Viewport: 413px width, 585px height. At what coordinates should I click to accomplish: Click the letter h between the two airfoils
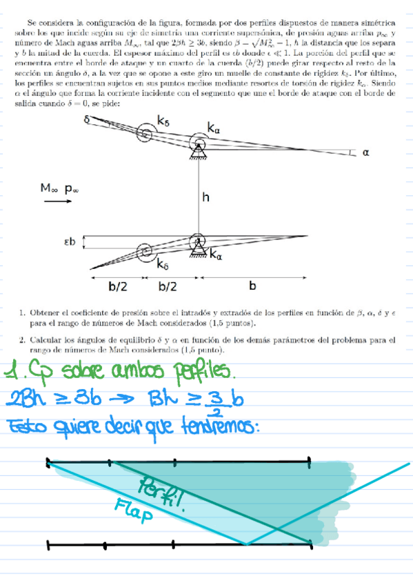tap(205, 197)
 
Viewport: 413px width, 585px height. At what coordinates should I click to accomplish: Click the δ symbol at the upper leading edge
tap(87, 119)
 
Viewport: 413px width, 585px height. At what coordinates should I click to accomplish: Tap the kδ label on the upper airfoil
tap(163, 121)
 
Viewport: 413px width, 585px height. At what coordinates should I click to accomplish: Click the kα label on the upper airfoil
tap(215, 128)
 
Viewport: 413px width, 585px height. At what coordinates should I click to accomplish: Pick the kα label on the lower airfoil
tap(215, 256)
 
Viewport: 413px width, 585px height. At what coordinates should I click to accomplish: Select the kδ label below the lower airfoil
tap(163, 264)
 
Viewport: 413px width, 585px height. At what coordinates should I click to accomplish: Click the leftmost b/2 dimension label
tap(117, 284)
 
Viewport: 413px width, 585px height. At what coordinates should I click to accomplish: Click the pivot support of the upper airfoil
tap(199, 148)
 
